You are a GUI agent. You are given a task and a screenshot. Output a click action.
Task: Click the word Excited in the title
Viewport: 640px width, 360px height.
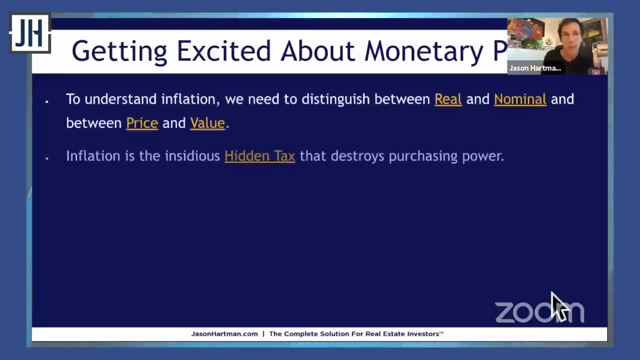223,51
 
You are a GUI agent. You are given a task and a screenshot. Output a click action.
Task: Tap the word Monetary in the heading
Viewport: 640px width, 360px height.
424,52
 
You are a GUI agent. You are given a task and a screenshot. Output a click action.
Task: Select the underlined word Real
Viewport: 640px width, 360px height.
448,99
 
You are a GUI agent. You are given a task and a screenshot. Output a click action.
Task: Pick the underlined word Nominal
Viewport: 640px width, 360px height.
520,99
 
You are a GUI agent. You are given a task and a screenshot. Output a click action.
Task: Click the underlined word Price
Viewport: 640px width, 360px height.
142,123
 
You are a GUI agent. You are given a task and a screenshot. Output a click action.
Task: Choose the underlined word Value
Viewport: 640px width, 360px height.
207,123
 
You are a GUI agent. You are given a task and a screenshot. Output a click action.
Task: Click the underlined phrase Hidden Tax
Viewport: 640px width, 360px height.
259,156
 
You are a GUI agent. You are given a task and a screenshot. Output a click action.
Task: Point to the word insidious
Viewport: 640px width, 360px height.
192,156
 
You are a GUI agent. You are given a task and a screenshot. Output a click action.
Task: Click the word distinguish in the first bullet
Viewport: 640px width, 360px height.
335,99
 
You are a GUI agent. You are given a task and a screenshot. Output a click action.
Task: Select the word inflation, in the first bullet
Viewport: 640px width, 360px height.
190,99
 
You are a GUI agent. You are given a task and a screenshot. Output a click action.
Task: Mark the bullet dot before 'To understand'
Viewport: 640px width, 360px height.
47,101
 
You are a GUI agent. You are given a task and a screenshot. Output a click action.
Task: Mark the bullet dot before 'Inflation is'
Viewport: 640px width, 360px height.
47,158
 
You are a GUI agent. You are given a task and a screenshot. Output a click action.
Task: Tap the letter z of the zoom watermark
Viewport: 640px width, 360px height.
505,312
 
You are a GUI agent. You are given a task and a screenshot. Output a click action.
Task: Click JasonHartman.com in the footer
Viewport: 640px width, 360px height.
224,333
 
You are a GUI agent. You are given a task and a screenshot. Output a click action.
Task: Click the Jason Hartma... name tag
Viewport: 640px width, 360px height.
535,68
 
